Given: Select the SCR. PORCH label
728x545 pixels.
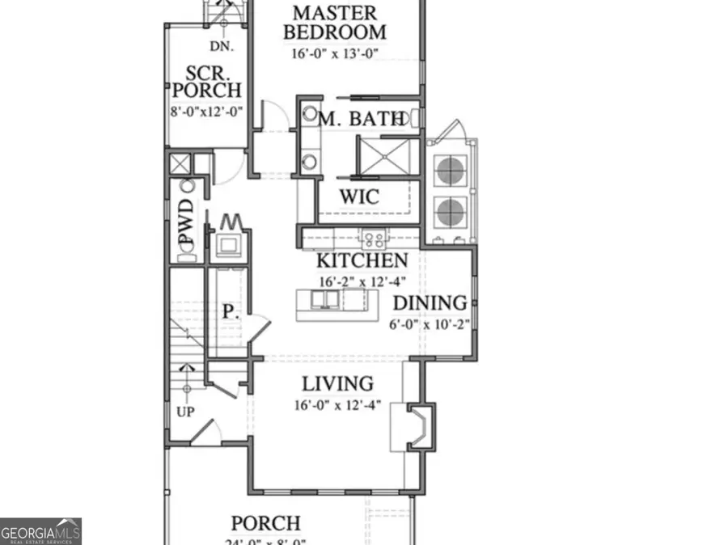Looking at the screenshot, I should click(206, 80).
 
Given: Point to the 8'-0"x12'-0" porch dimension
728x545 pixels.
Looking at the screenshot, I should click(206, 110).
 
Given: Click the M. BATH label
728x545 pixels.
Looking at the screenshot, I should click(362, 120).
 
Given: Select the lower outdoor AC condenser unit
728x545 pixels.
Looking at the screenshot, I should click(450, 212).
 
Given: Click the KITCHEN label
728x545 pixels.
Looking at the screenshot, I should click(362, 260).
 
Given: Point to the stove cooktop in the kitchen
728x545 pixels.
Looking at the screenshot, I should click(373, 238).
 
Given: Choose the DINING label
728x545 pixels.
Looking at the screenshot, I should click(430, 303).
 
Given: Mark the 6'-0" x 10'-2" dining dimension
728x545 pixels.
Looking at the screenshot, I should click(430, 324).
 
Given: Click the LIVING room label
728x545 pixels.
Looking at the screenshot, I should click(337, 384).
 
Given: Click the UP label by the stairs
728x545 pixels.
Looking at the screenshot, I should click(185, 411).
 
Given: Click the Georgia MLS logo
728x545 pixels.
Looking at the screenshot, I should click(40, 533).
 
